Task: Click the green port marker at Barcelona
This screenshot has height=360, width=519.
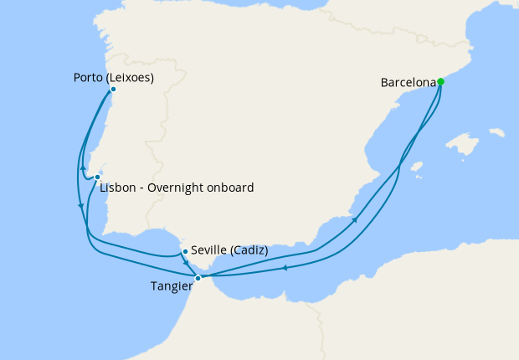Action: [440, 82]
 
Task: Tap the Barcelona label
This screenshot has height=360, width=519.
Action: [409, 83]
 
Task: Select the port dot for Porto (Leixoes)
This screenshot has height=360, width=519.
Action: [113, 89]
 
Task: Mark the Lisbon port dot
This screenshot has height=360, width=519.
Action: [98, 177]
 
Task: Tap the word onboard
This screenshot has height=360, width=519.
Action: [230, 188]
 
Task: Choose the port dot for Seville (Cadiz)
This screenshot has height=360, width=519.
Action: [184, 250]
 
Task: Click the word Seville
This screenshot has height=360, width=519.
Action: [208, 250]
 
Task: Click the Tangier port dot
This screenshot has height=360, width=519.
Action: [198, 278]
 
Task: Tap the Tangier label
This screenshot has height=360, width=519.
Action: [172, 285]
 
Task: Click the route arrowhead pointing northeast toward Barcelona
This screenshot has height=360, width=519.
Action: [357, 219]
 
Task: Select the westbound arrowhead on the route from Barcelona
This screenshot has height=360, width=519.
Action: [285, 268]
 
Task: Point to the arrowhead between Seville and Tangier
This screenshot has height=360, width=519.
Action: [187, 263]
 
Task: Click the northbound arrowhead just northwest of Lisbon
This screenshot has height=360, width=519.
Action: [83, 166]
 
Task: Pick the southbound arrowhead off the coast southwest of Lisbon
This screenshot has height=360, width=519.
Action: [80, 206]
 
